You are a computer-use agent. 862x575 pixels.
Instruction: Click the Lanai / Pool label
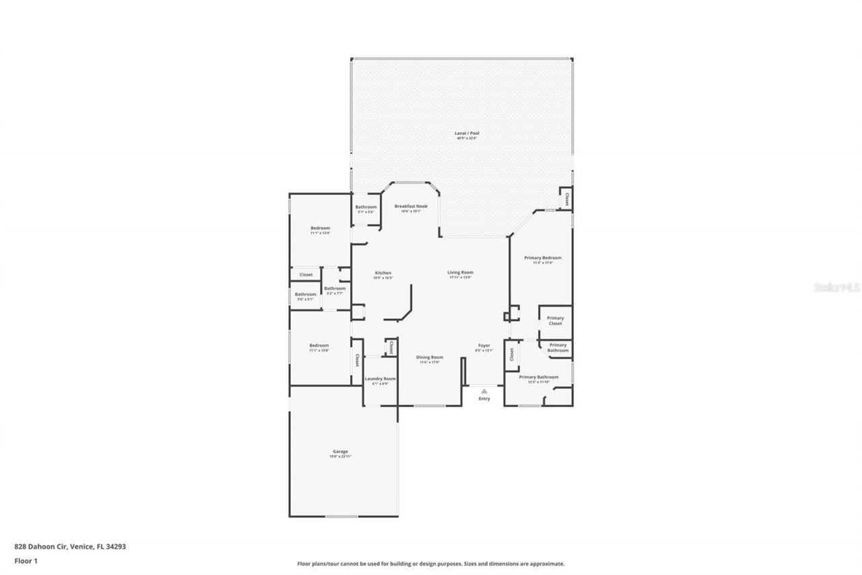(x=466, y=133)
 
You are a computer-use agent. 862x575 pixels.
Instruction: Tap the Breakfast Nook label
(x=411, y=206)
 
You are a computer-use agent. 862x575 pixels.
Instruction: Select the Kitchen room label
(x=383, y=273)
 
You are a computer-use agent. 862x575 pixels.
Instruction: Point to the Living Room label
(x=460, y=272)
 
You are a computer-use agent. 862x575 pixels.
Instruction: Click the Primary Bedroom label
(x=543, y=258)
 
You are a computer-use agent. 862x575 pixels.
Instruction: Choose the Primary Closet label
(x=555, y=321)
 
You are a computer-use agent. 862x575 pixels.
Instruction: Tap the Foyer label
(x=484, y=345)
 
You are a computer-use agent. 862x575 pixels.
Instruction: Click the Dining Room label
(x=429, y=357)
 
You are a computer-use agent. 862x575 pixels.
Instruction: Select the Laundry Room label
(x=380, y=379)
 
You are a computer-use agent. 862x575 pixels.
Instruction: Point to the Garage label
(x=340, y=452)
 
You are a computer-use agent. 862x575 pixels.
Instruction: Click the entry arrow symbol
(x=484, y=390)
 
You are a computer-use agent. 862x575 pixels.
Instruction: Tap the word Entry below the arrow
(x=484, y=398)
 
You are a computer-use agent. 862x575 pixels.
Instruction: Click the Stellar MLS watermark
(x=837, y=286)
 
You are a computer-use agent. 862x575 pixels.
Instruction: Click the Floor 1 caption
(x=26, y=560)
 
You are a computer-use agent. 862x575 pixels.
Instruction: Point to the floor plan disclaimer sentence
(x=431, y=564)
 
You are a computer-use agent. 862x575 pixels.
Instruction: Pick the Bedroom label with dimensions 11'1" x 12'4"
(x=320, y=229)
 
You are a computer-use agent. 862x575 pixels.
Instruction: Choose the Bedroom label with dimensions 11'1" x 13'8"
(x=319, y=346)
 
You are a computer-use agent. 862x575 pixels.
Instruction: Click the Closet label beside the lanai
(x=566, y=199)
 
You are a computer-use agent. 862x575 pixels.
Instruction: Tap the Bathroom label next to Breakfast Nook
(x=366, y=207)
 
